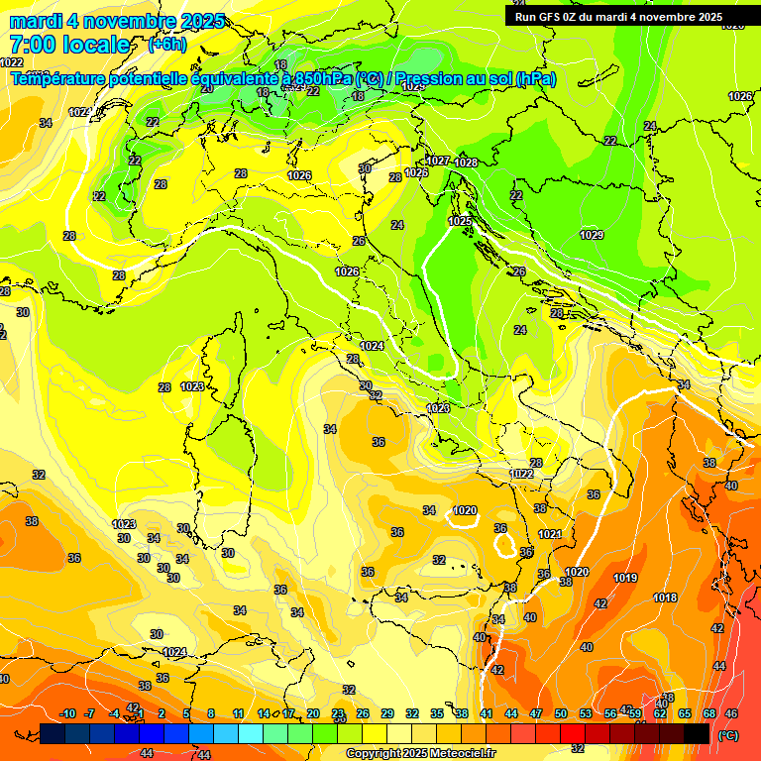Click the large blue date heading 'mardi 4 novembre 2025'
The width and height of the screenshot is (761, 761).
(117, 21)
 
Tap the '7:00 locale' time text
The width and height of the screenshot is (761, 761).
(69, 45)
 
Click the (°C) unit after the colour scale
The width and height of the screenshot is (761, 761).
(727, 735)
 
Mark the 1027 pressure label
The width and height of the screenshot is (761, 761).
(438, 161)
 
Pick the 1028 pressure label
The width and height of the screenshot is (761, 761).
(466, 163)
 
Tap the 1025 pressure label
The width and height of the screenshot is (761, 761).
(460, 221)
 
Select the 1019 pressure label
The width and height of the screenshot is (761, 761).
(625, 578)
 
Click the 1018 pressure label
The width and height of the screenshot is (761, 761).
(665, 598)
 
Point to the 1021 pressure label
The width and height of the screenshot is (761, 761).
(551, 534)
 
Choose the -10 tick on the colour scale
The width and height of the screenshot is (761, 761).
(67, 713)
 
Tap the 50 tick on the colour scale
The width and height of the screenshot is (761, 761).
(561, 713)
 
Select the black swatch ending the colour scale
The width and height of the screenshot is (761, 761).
(697, 733)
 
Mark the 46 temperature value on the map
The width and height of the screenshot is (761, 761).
(731, 713)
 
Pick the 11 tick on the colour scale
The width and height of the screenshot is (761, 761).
(238, 713)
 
